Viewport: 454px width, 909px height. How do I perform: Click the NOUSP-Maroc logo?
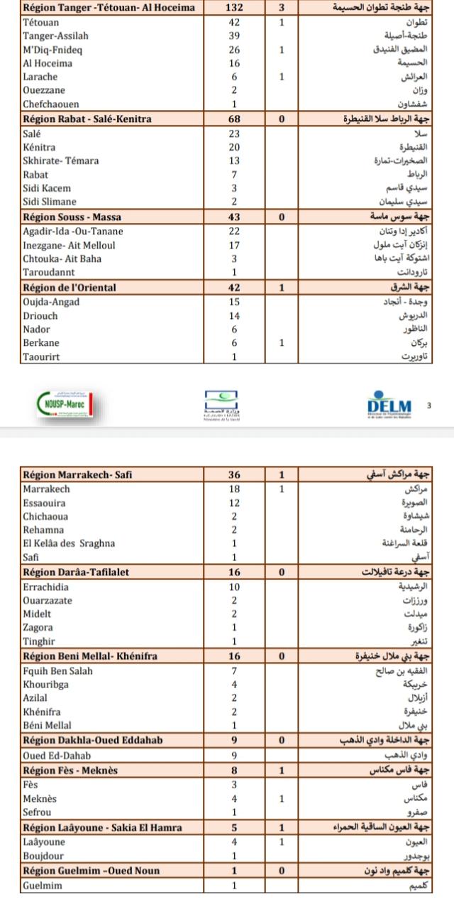click(64, 404)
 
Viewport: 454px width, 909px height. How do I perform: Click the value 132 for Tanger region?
click(234, 8)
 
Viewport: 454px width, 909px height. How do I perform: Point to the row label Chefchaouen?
click(51, 104)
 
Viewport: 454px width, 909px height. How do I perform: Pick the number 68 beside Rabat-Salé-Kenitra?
click(234, 119)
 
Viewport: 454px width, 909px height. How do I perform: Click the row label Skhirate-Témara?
click(61, 160)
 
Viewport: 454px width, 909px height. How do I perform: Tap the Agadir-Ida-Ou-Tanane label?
click(73, 232)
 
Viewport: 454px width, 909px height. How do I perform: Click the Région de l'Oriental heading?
click(70, 288)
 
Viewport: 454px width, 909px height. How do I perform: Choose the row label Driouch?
click(40, 315)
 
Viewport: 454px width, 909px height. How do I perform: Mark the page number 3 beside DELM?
click(429, 405)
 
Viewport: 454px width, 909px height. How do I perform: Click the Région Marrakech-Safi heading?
click(78, 474)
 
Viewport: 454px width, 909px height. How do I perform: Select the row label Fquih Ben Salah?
click(58, 670)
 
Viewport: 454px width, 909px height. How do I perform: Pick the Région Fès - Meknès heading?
click(70, 770)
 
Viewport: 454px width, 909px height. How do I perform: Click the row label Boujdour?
click(43, 856)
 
